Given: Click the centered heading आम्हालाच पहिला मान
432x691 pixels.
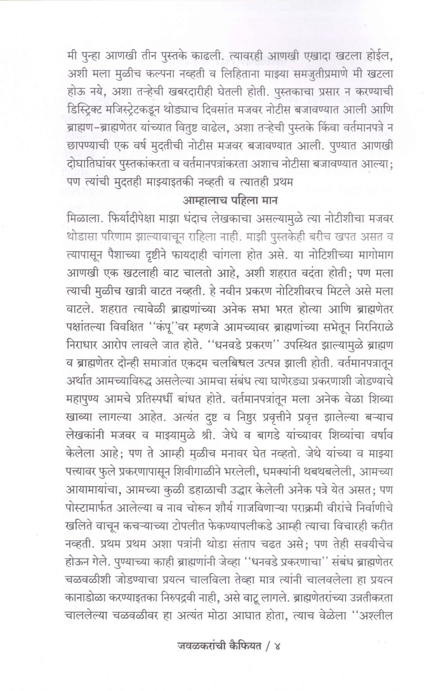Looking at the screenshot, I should [x=230, y=201].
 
